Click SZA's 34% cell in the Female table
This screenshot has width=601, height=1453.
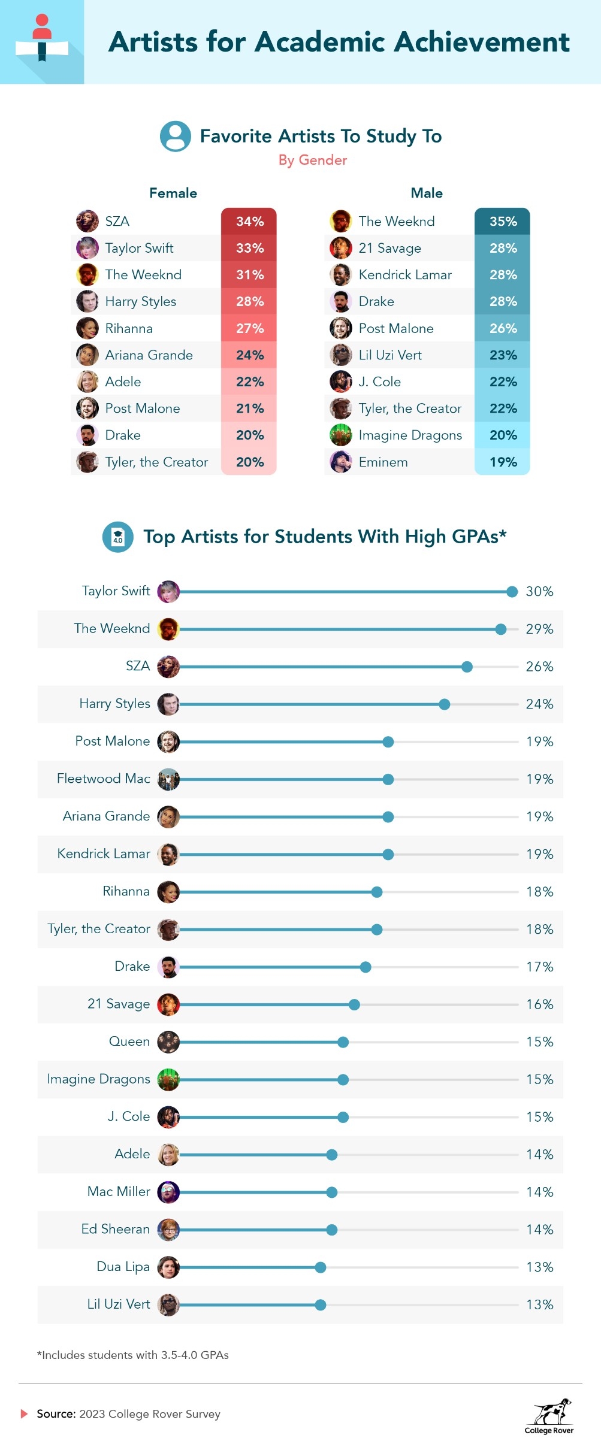click(x=249, y=221)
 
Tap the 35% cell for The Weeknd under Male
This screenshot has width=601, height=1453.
click(x=503, y=221)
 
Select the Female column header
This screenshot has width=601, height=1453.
click(x=173, y=193)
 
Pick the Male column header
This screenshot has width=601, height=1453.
click(x=427, y=193)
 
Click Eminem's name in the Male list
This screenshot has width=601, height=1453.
click(x=383, y=462)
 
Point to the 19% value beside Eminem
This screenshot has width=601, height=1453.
click(x=503, y=462)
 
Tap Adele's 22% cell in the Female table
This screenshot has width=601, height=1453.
click(x=249, y=382)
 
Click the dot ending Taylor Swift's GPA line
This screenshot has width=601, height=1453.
click(x=512, y=592)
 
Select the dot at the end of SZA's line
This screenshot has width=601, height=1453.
click(x=467, y=667)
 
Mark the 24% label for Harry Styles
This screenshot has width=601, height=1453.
click(x=539, y=704)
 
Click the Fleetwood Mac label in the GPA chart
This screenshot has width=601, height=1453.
click(x=104, y=779)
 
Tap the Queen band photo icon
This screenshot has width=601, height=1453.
click(x=168, y=1042)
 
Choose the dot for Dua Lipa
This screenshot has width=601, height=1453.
click(x=321, y=1267)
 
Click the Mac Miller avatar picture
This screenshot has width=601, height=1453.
click(x=168, y=1192)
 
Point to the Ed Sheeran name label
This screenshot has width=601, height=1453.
click(x=116, y=1229)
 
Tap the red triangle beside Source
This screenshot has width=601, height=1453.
click(x=25, y=1413)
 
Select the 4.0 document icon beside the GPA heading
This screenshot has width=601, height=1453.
click(x=118, y=537)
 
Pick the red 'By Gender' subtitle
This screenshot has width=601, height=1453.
click(x=313, y=160)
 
